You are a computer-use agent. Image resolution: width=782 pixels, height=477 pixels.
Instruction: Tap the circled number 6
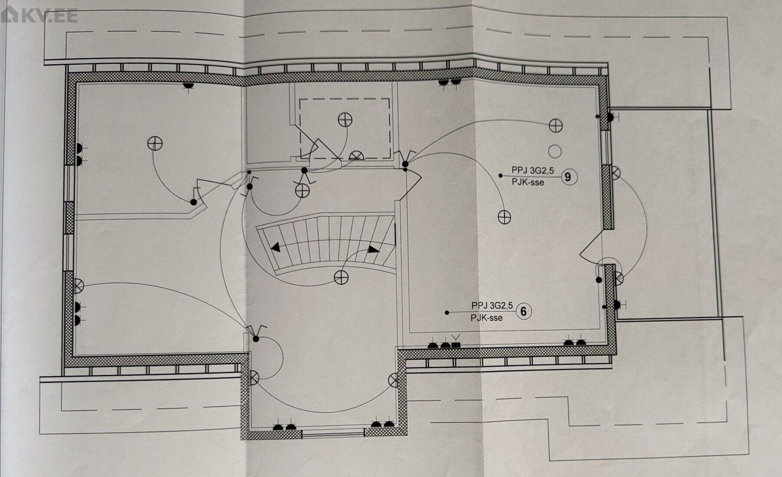[524, 311]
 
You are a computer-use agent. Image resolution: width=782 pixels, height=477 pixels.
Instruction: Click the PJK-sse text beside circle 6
[486, 318]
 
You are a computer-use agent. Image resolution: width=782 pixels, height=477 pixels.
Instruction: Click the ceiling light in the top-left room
[155, 143]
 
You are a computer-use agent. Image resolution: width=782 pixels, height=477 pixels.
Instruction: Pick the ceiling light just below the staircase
[341, 277]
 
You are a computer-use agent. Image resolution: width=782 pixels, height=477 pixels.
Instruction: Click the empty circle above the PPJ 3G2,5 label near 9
[555, 151]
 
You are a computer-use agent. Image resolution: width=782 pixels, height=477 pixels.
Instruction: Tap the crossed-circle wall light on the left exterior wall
[79, 285]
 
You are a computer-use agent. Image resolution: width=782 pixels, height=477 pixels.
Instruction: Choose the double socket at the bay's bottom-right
[382, 424]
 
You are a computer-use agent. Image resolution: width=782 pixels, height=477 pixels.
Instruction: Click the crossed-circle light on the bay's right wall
[393, 380]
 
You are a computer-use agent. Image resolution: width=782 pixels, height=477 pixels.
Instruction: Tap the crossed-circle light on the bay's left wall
[254, 379]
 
